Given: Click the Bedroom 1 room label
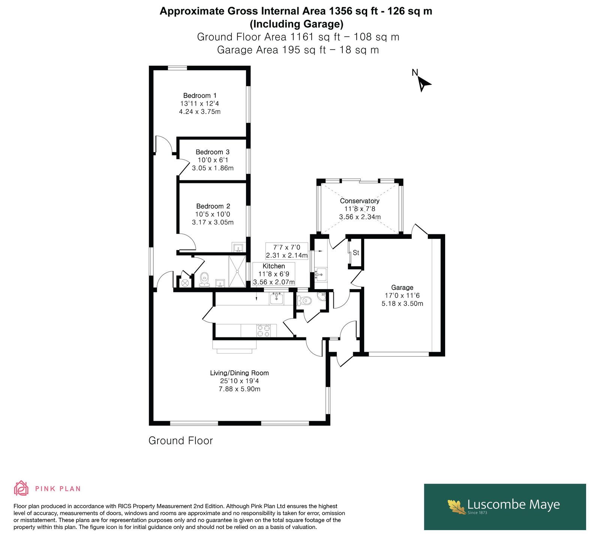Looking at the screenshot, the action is pyautogui.click(x=199, y=96).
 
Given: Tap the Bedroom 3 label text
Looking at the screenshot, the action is pyautogui.click(x=213, y=152).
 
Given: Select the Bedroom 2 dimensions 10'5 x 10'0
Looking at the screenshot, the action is pyautogui.click(x=213, y=214).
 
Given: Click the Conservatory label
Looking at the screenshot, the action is pyautogui.click(x=360, y=201).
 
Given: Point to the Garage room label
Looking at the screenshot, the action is pyautogui.click(x=402, y=288).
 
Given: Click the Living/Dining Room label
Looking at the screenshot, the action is pyautogui.click(x=239, y=373).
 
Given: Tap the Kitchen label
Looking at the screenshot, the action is pyautogui.click(x=274, y=266).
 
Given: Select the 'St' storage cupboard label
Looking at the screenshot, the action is pyautogui.click(x=356, y=253).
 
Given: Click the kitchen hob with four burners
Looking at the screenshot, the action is pyautogui.click(x=263, y=331).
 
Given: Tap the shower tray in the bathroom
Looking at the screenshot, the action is pyautogui.click(x=237, y=271).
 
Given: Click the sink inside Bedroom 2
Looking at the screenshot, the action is pyautogui.click(x=238, y=247).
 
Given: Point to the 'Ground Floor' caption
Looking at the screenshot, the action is pyautogui.click(x=181, y=441).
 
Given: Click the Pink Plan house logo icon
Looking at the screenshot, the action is pyautogui.click(x=21, y=488).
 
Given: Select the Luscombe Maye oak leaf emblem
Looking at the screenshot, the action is pyautogui.click(x=457, y=506).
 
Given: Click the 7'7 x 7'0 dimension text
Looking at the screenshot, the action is pyautogui.click(x=287, y=247).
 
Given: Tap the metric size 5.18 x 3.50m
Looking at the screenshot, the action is pyautogui.click(x=402, y=304).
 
